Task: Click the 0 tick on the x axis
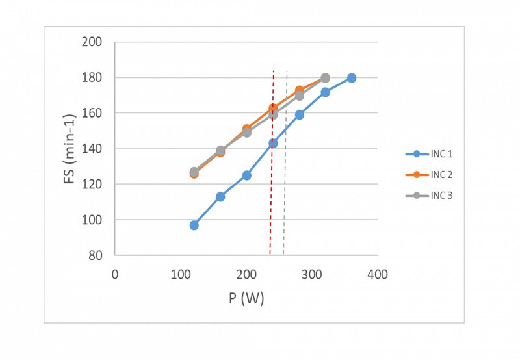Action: pos(115,274)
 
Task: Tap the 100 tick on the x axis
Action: pos(181,274)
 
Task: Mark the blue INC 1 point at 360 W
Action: pos(352,78)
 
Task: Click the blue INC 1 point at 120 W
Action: pos(194,225)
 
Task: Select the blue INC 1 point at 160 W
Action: pos(220,197)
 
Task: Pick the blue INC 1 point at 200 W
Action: pos(246,175)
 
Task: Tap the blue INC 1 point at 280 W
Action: pos(299,115)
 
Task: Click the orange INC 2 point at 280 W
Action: pos(299,90)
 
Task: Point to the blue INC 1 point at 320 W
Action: pos(325,92)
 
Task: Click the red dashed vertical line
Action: pos(271,195)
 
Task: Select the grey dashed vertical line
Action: pos(285,195)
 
